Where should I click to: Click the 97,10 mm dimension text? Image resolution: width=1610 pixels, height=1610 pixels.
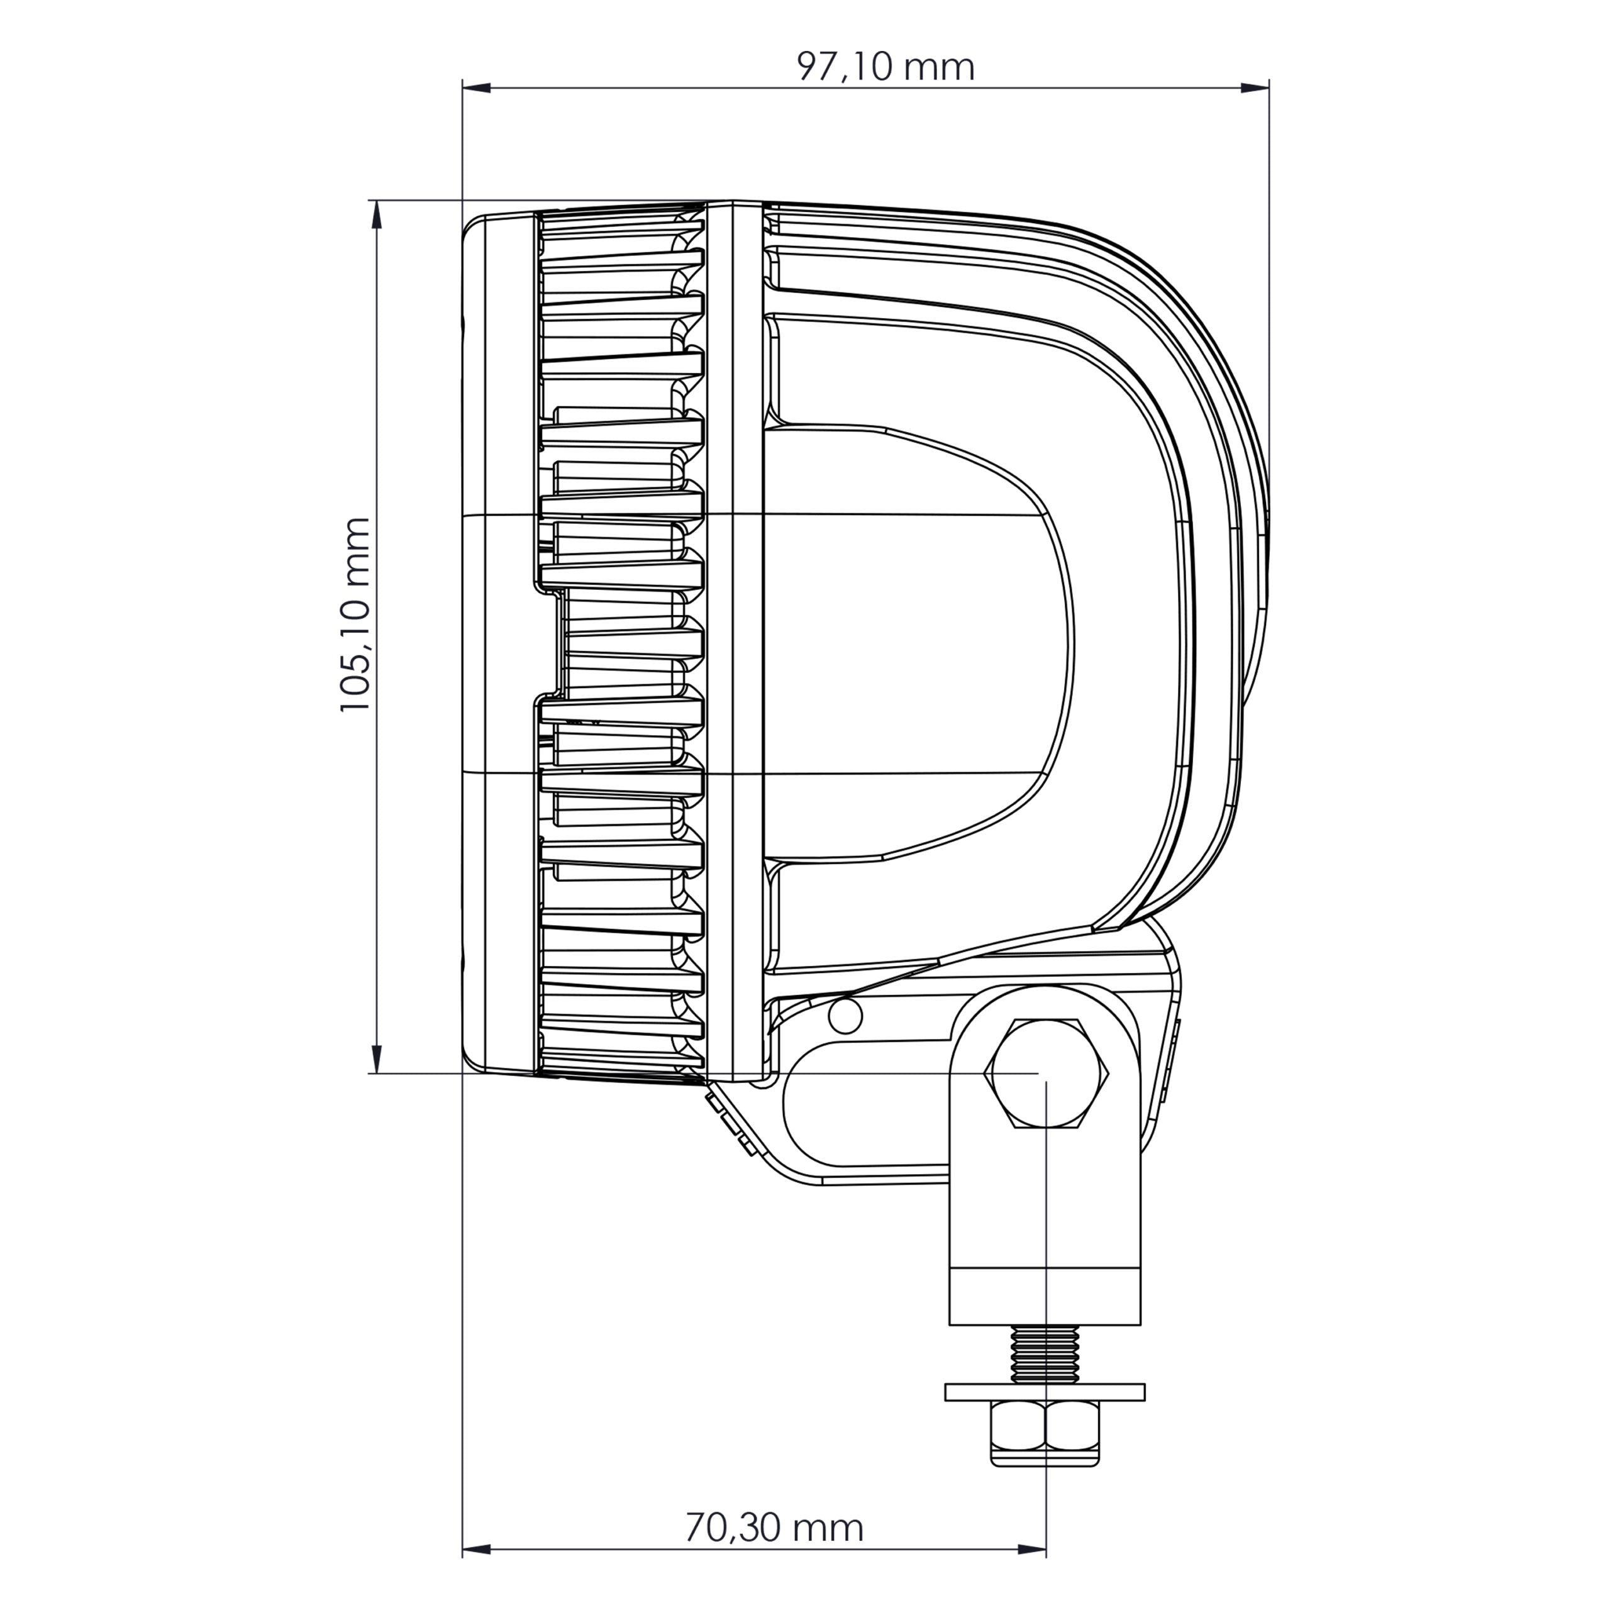(885, 67)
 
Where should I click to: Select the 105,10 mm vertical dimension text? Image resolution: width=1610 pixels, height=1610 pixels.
(355, 614)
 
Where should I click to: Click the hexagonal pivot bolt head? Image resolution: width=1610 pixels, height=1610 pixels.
(1048, 1074)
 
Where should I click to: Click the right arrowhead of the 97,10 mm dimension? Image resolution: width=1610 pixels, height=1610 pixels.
(1255, 87)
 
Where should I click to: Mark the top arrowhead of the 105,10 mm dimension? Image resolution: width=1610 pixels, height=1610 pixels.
(377, 215)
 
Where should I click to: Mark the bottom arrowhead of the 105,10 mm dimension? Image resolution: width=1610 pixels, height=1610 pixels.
(377, 1060)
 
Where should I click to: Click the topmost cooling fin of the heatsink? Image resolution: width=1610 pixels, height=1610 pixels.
(621, 218)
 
